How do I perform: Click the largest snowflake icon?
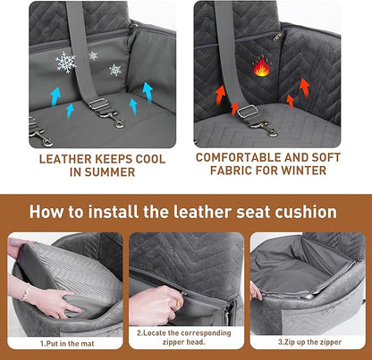pos(66,62)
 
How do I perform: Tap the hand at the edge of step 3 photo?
pos(257,292)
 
